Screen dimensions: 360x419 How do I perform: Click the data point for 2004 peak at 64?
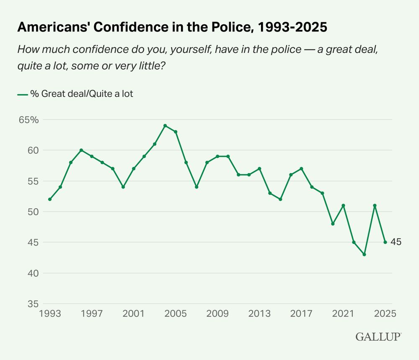point(165,126)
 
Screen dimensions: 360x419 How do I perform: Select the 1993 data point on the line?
point(50,199)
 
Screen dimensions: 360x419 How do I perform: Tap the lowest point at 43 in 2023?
point(364,254)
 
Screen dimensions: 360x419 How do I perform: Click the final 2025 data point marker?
point(385,242)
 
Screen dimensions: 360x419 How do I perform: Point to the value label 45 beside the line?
point(396,242)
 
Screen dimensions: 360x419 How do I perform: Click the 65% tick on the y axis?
point(28,120)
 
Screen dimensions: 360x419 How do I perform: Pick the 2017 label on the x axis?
point(301,313)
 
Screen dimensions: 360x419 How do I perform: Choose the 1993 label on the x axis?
point(50,313)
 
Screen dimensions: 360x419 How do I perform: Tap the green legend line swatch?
point(22,95)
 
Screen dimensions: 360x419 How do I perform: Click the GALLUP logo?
point(378,337)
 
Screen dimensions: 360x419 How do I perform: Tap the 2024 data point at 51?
point(375,205)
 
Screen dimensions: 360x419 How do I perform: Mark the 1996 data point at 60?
point(81,150)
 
